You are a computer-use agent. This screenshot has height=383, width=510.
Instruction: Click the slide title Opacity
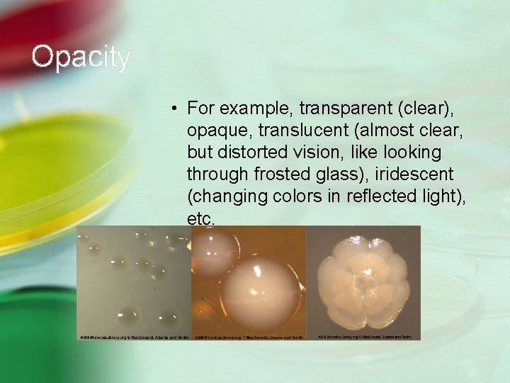coord(81,57)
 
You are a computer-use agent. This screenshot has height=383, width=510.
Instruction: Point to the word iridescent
coord(414,174)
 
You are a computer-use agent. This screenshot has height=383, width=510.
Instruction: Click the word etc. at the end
coord(200,219)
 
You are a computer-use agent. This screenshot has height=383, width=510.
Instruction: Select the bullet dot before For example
coord(173,109)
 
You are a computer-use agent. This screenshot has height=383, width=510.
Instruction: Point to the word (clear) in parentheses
coord(425,109)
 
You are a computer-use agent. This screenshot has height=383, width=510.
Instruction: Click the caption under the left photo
coord(133,337)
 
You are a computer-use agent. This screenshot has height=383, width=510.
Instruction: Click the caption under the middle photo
coord(248,337)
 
